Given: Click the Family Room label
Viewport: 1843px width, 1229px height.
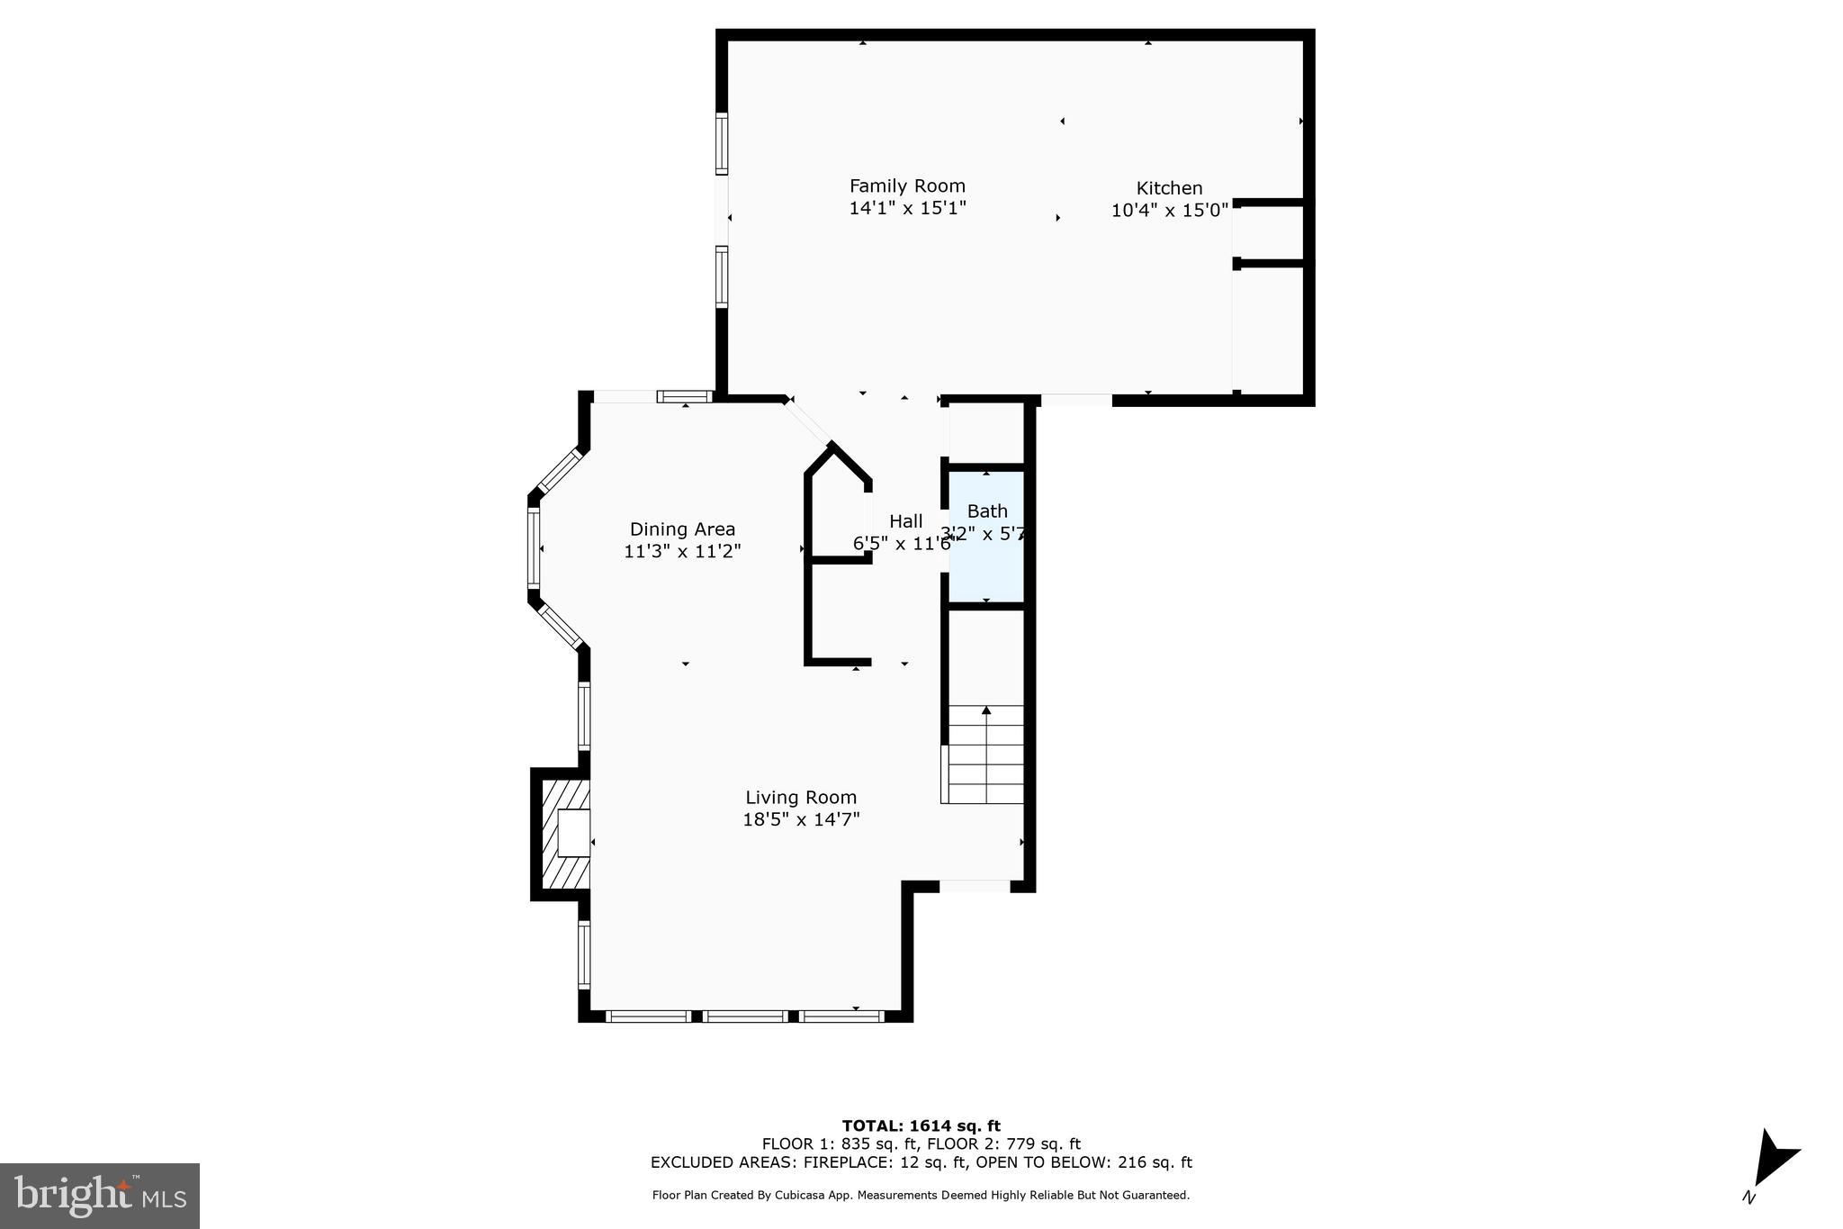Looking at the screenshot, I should (x=907, y=186).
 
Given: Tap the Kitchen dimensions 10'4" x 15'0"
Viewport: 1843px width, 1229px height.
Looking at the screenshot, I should (x=1169, y=211).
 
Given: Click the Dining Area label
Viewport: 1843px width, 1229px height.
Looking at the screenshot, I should (x=682, y=529).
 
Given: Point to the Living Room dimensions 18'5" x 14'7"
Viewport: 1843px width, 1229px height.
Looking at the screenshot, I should (x=801, y=820).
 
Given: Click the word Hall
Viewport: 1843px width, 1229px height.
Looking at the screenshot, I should (x=905, y=521).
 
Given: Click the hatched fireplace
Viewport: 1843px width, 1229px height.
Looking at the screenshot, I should (x=563, y=833).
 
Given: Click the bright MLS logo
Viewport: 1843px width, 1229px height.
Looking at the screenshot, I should (x=100, y=1196).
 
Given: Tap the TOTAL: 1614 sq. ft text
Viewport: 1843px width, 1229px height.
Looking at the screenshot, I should (x=921, y=1125).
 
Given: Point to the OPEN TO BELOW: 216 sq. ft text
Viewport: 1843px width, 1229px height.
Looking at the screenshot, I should (x=1083, y=1162).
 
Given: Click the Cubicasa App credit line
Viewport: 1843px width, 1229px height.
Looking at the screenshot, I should (x=921, y=1196).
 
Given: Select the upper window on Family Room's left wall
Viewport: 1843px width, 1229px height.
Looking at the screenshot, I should (x=721, y=143).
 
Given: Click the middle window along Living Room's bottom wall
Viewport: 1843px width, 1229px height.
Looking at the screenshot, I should (x=745, y=1017).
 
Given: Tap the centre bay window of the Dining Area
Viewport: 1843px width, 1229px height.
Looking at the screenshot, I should (x=534, y=548).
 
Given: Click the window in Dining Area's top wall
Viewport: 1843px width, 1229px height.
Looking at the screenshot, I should (x=684, y=396).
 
